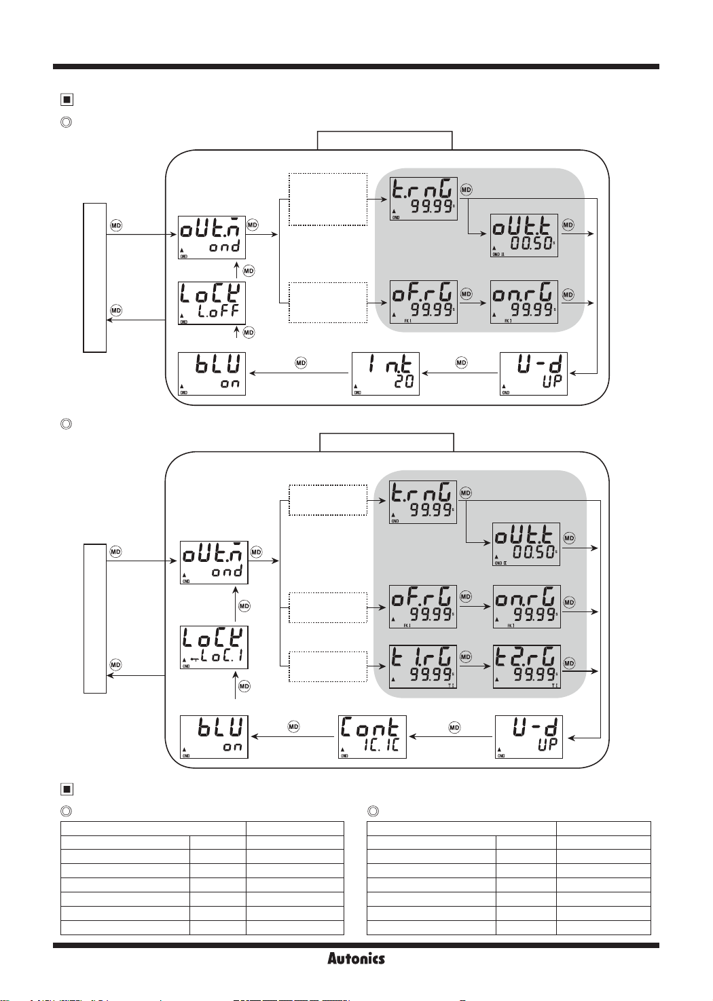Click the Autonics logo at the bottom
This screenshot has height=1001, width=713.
click(356, 958)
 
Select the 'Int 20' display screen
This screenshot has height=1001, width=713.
click(386, 373)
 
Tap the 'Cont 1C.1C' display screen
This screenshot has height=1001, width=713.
click(372, 736)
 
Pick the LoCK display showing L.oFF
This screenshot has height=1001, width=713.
click(211, 303)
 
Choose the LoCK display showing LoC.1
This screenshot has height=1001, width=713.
click(214, 647)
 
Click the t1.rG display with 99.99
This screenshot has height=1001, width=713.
click(422, 666)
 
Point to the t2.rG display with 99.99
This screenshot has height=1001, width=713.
click(526, 666)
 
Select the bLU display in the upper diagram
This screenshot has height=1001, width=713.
click(211, 373)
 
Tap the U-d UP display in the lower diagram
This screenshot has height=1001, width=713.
click(529, 736)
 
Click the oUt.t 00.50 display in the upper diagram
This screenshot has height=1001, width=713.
click(524, 235)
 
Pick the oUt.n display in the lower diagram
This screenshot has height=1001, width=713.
click(214, 562)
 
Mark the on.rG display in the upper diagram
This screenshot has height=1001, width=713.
click(524, 302)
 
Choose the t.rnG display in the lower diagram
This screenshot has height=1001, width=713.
click(422, 502)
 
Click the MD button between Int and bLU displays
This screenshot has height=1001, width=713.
click(301, 363)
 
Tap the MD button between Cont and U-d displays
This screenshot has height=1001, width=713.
click(454, 727)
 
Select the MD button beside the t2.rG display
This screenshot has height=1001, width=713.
click(569, 663)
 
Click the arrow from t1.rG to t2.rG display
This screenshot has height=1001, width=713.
click(475, 666)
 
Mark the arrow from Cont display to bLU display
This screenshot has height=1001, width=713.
click(293, 736)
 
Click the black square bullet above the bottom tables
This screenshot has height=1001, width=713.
click(67, 789)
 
